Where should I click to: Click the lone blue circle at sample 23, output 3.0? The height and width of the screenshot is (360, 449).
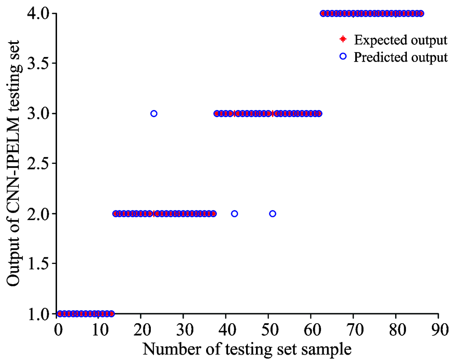point(154,114)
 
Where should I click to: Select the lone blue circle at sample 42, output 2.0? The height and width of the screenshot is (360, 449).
point(234,214)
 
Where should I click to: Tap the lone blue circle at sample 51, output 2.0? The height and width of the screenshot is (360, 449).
point(273,214)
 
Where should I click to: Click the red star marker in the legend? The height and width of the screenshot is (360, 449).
point(343,40)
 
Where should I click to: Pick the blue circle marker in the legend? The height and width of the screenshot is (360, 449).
point(343,57)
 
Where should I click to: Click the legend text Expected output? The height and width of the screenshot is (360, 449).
point(401,40)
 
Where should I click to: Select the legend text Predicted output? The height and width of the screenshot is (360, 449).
point(401,57)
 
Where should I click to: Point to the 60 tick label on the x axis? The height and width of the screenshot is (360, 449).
point(311,329)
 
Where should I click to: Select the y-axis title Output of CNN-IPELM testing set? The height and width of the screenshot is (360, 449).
point(13,164)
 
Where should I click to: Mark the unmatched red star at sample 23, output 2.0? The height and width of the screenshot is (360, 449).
point(154,214)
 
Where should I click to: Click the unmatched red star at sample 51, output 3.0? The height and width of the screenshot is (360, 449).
point(273,114)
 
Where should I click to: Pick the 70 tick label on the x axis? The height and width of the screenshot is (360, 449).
point(353,329)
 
